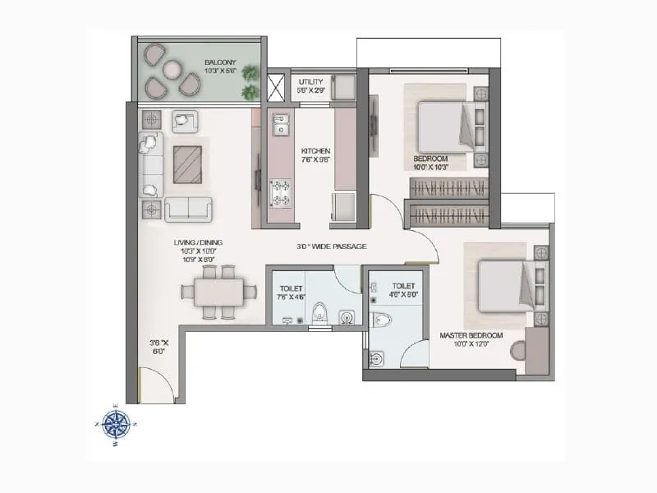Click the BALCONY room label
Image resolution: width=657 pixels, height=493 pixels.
click(221, 60)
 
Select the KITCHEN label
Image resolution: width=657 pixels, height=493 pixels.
click(315, 151)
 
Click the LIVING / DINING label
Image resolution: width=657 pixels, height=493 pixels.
click(198, 242)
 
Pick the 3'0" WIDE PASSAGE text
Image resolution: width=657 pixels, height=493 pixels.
click(331, 246)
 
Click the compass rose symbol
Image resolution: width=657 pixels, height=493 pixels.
click(116, 423)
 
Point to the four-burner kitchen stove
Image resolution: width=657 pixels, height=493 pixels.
click(282, 193)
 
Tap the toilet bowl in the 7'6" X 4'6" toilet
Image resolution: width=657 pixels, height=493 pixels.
click(321, 312)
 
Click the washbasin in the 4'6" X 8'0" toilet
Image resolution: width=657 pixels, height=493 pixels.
click(377, 358)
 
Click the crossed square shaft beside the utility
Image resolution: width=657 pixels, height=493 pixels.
click(275, 85)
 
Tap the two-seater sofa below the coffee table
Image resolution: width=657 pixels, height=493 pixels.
click(190, 209)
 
